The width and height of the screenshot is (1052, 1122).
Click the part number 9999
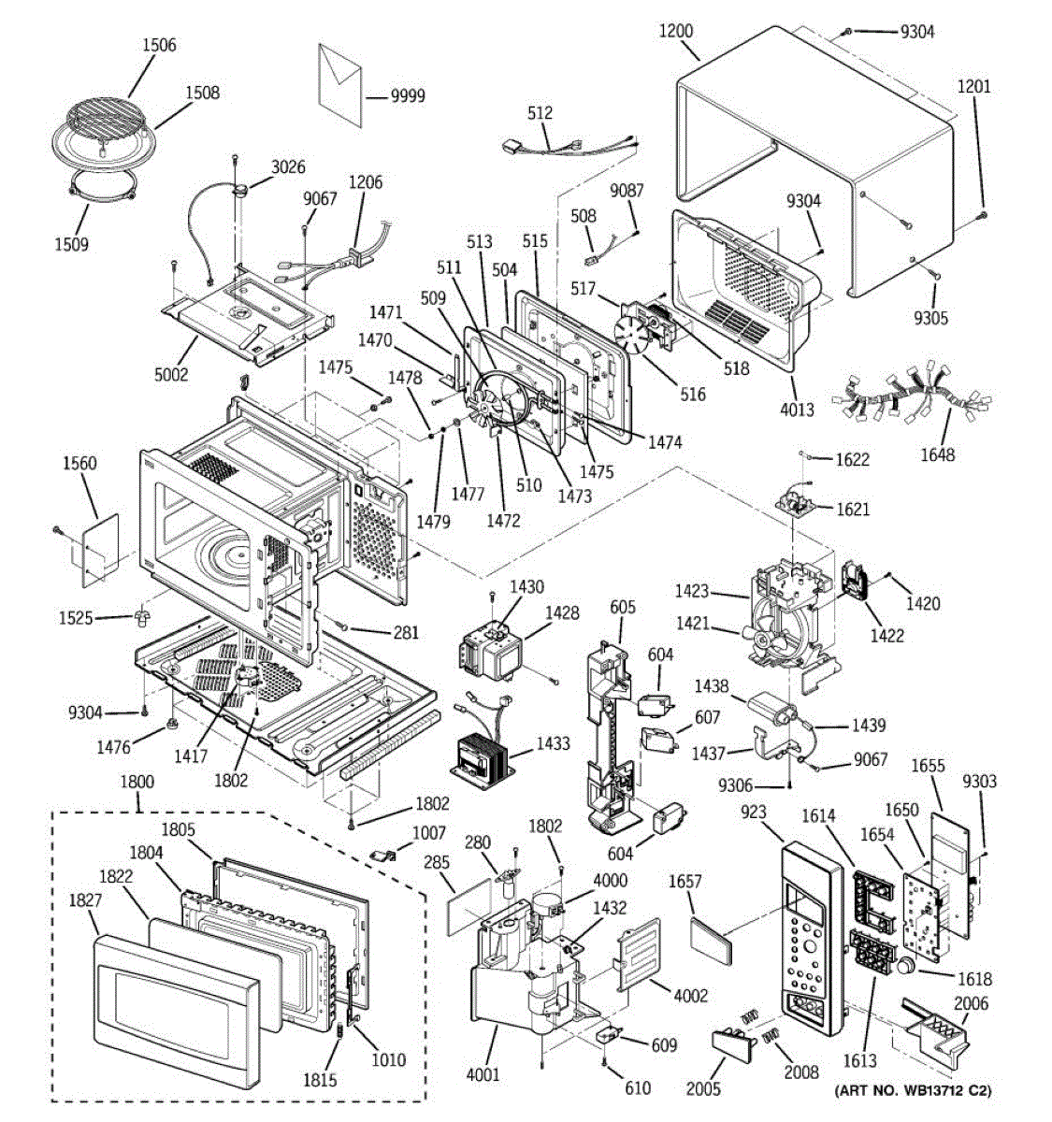(408, 96)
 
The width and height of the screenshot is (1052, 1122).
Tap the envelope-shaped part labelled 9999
(339, 85)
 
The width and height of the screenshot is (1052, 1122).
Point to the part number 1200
(676, 31)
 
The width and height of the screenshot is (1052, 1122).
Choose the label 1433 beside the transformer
(553, 743)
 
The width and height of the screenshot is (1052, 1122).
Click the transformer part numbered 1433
(482, 757)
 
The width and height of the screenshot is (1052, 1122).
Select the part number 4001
(483, 1074)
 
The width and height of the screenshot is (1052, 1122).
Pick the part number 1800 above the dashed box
(137, 782)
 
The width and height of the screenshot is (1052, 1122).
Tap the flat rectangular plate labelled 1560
(101, 551)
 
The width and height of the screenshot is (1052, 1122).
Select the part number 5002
(171, 374)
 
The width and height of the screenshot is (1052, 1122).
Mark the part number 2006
(972, 1003)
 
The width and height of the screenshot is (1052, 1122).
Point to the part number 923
(754, 812)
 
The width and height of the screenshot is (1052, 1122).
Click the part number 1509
(71, 245)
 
